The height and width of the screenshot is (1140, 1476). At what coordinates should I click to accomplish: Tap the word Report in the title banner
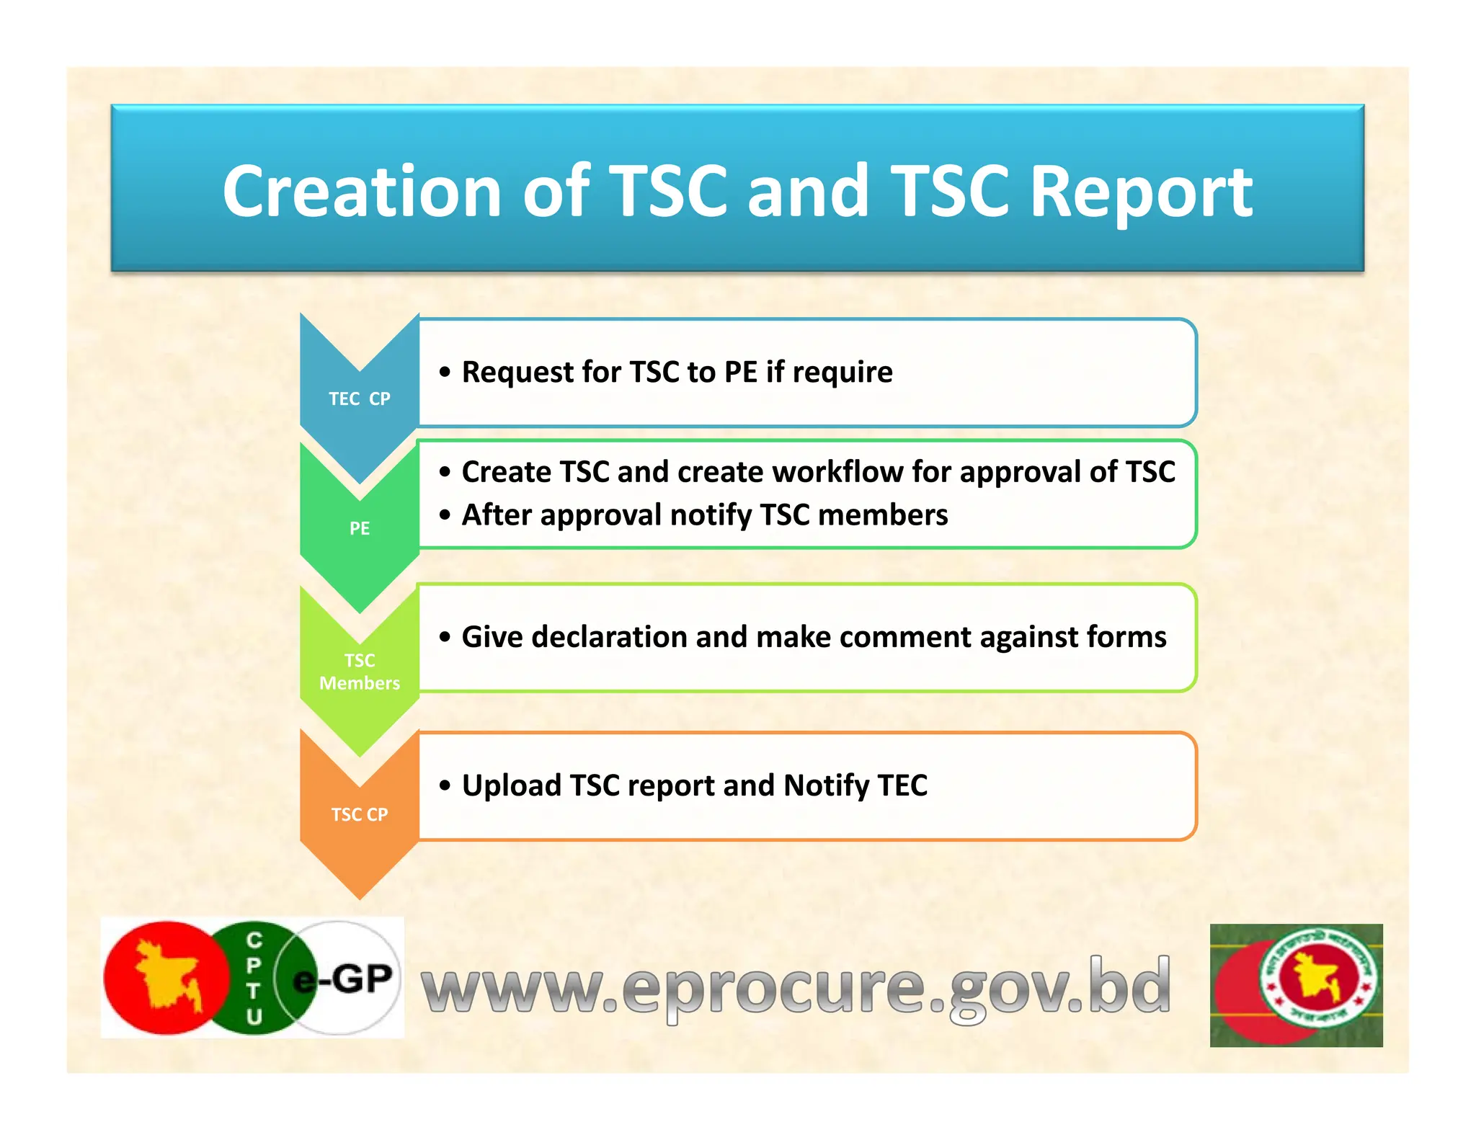click(x=1142, y=192)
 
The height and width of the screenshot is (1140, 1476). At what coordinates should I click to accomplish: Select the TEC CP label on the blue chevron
click(x=359, y=398)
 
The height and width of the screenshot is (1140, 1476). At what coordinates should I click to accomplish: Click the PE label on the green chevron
click(x=359, y=528)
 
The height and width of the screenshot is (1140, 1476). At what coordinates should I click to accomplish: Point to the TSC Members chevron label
click(x=359, y=671)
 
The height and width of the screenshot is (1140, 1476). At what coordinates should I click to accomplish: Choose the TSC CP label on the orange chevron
click(x=359, y=814)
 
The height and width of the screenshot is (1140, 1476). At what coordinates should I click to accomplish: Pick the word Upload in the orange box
click(x=510, y=785)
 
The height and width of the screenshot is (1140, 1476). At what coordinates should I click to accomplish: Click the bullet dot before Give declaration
click(x=445, y=637)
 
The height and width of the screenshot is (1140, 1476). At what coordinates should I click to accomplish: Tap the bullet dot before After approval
click(x=445, y=515)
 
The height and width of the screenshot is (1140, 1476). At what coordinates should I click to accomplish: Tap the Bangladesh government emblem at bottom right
click(x=1296, y=985)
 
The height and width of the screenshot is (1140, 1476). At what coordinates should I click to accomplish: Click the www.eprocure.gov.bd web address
click(x=796, y=985)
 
